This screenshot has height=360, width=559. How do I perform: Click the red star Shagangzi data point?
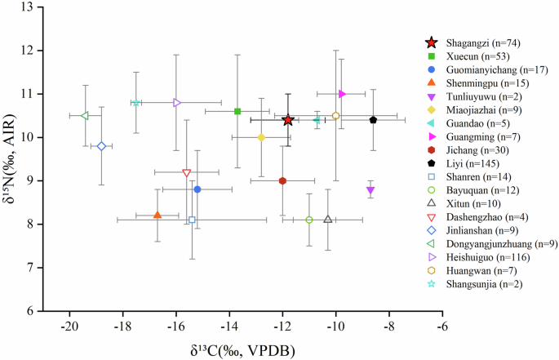(x=288, y=120)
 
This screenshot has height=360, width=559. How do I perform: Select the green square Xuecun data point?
(x=237, y=111)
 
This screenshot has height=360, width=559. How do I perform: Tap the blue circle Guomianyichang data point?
(x=197, y=189)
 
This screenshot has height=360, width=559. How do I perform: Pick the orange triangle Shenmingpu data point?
(x=157, y=215)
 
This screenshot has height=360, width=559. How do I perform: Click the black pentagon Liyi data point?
(x=373, y=120)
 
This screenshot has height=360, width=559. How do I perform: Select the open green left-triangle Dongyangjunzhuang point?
(x=85, y=116)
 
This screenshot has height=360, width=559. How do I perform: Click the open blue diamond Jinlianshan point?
(x=101, y=146)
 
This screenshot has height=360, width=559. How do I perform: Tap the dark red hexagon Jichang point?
(x=282, y=180)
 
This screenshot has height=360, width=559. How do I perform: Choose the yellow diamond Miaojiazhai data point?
(x=261, y=137)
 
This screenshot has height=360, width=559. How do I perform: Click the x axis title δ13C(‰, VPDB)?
(x=242, y=350)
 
